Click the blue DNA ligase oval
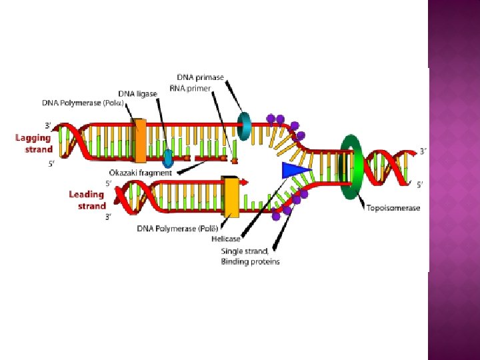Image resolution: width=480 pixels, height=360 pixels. pos(168,158)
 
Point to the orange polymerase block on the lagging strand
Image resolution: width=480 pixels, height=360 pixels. pos(140,141)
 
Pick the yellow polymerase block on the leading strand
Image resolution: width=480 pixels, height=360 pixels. pos(231,197)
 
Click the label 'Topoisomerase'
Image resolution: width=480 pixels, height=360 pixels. pos(393,208)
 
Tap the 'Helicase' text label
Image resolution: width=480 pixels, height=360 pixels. pos(226,239)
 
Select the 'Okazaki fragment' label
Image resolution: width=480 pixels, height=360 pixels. pos(140,173)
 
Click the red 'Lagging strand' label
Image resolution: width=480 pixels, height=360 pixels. pos(34,143)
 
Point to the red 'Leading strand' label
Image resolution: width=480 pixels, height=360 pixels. pos(87,200)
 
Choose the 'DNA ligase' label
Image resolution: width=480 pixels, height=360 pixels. pos(138,93)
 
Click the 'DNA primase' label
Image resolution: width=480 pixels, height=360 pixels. pos(200,78)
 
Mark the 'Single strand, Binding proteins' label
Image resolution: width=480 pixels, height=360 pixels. pos(251,257)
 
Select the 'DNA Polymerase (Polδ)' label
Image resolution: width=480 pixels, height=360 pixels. pos(176,229)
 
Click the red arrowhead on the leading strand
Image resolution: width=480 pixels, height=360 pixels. pos(245,181)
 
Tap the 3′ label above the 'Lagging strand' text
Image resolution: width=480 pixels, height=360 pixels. pos(48,125)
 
